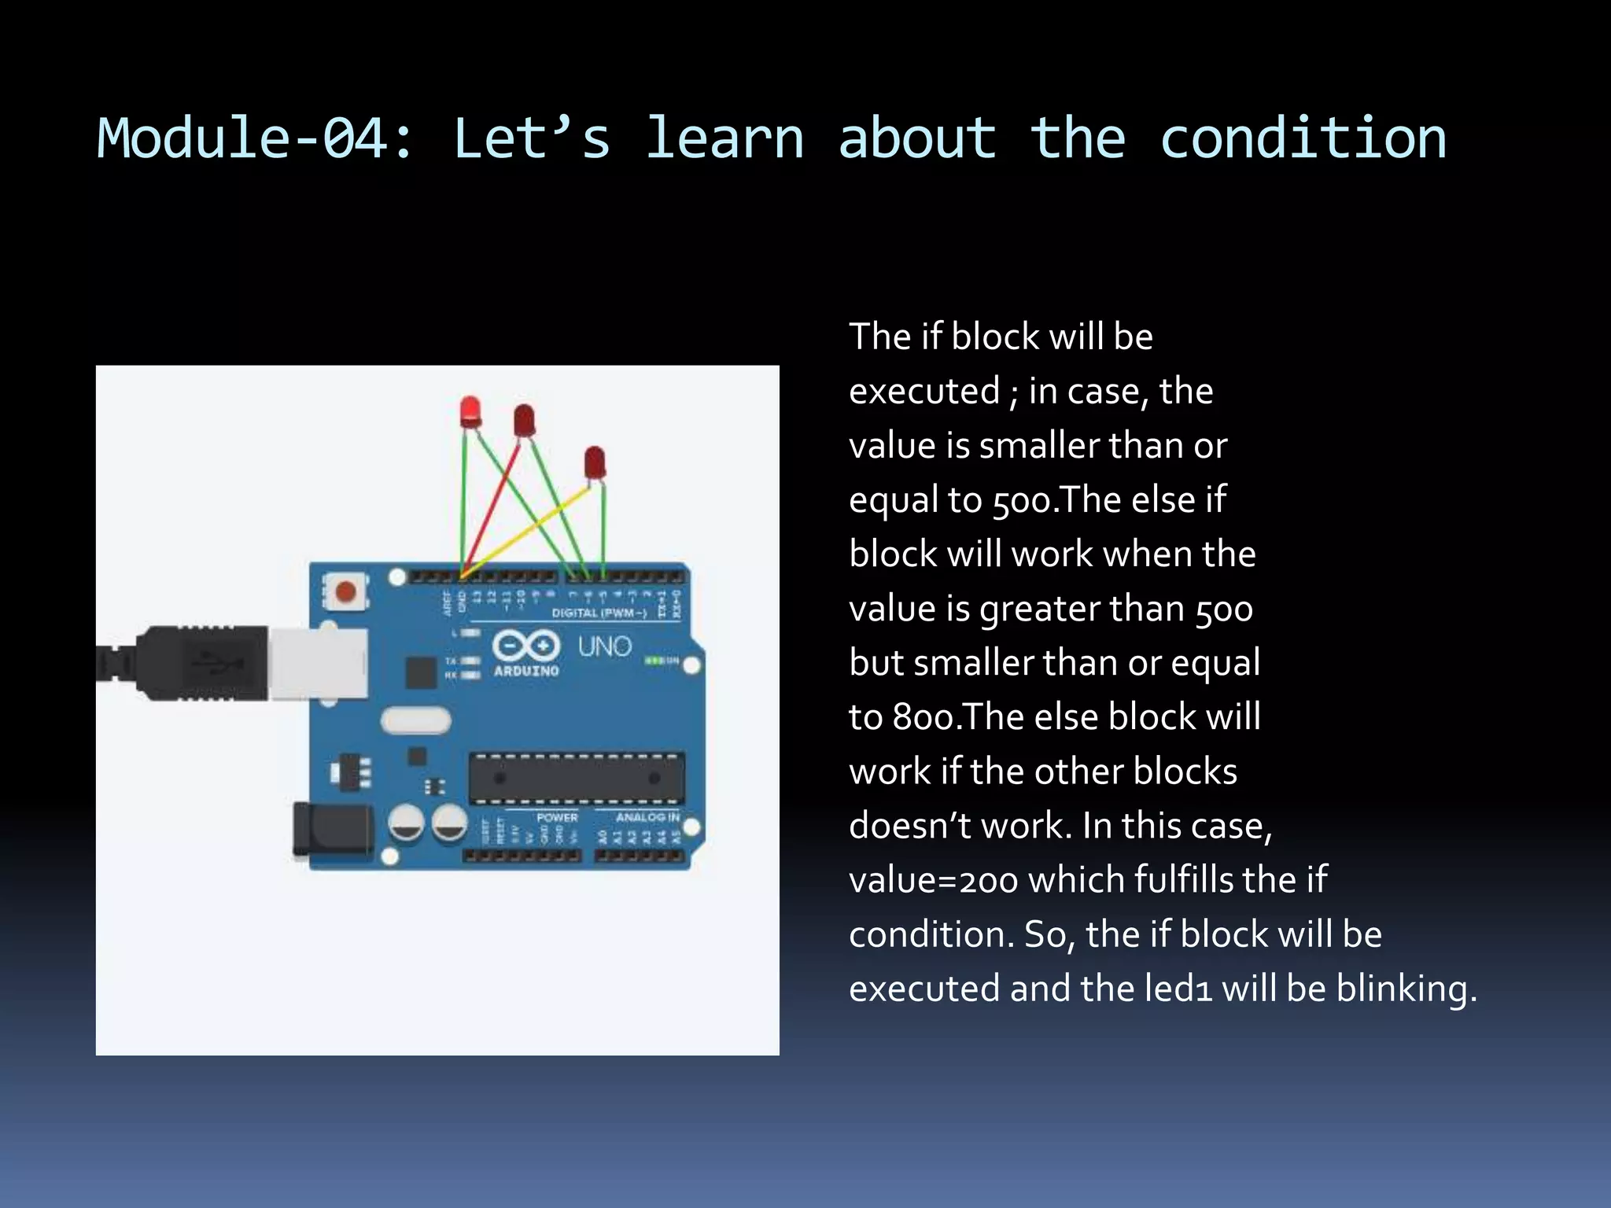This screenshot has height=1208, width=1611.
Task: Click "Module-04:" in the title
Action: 255,138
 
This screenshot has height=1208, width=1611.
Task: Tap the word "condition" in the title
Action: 1303,138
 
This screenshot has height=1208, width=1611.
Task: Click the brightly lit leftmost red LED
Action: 470,411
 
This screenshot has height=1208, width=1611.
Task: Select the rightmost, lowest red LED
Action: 595,462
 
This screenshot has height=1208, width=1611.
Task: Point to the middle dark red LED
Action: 524,421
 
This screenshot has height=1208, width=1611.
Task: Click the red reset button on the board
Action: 345,591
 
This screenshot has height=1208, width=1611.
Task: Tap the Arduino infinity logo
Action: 526,646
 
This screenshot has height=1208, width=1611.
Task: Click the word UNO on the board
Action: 605,646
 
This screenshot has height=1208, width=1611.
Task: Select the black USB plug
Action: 197,663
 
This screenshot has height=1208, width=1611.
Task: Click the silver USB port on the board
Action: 318,663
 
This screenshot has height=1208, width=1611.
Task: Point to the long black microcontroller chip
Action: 576,779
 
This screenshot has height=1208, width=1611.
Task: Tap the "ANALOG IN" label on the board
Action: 647,817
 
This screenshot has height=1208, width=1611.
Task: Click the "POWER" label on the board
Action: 557,817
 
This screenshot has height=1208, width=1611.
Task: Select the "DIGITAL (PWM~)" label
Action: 599,613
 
